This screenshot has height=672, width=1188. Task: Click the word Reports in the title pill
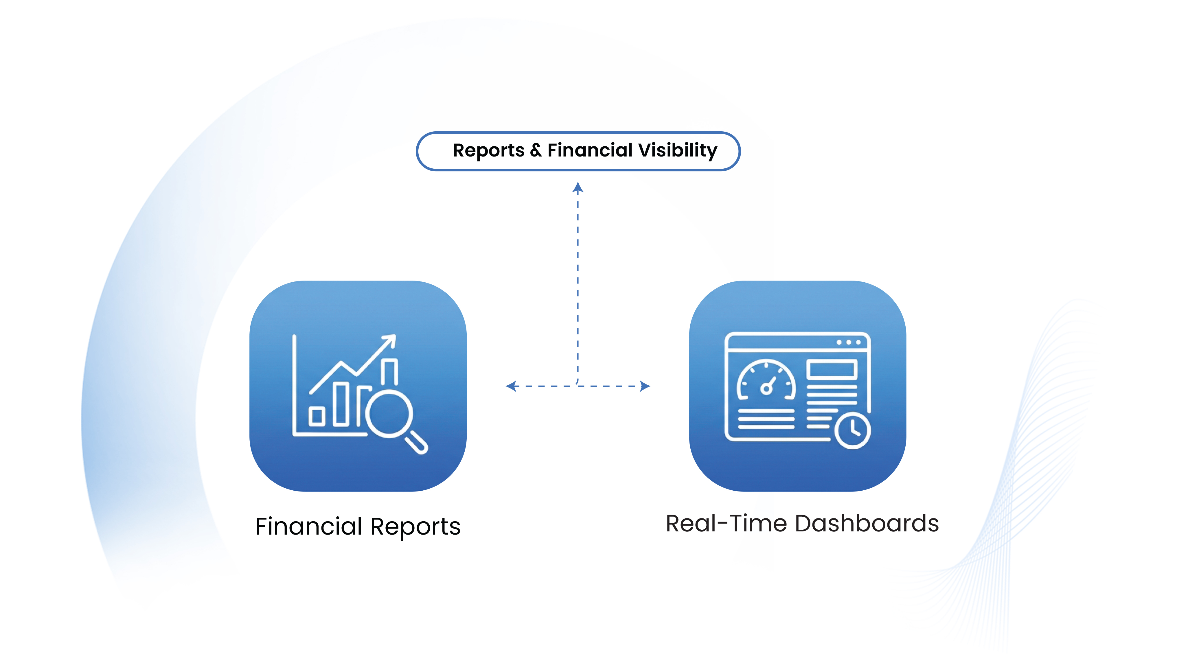(488, 151)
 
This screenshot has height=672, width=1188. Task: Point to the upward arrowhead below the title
(578, 187)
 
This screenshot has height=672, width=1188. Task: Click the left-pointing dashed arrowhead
(510, 386)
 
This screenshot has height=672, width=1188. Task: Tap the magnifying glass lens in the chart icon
(389, 414)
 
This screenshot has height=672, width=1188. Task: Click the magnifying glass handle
(416, 443)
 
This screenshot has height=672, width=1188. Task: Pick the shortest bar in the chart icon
(317, 416)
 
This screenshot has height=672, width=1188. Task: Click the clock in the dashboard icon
(852, 431)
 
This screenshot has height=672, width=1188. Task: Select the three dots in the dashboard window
(848, 343)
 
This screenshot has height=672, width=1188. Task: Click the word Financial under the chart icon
(309, 526)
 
